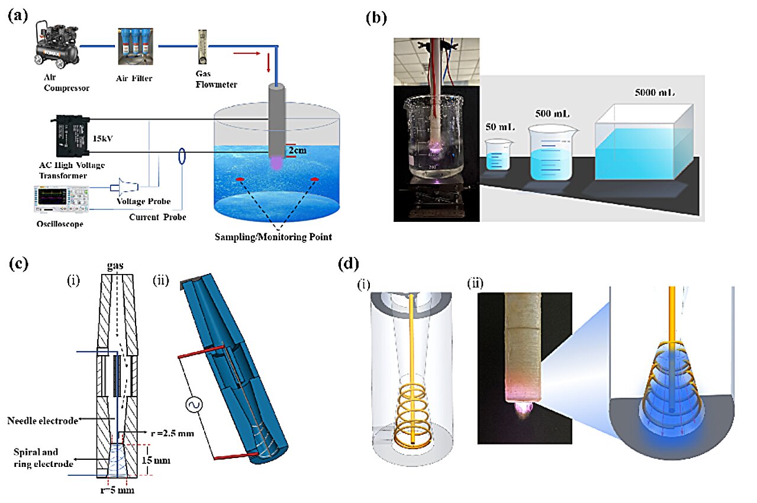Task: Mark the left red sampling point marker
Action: point(240,179)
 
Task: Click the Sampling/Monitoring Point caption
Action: point(275,236)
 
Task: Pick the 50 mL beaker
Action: point(497,156)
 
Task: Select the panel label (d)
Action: point(347,263)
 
